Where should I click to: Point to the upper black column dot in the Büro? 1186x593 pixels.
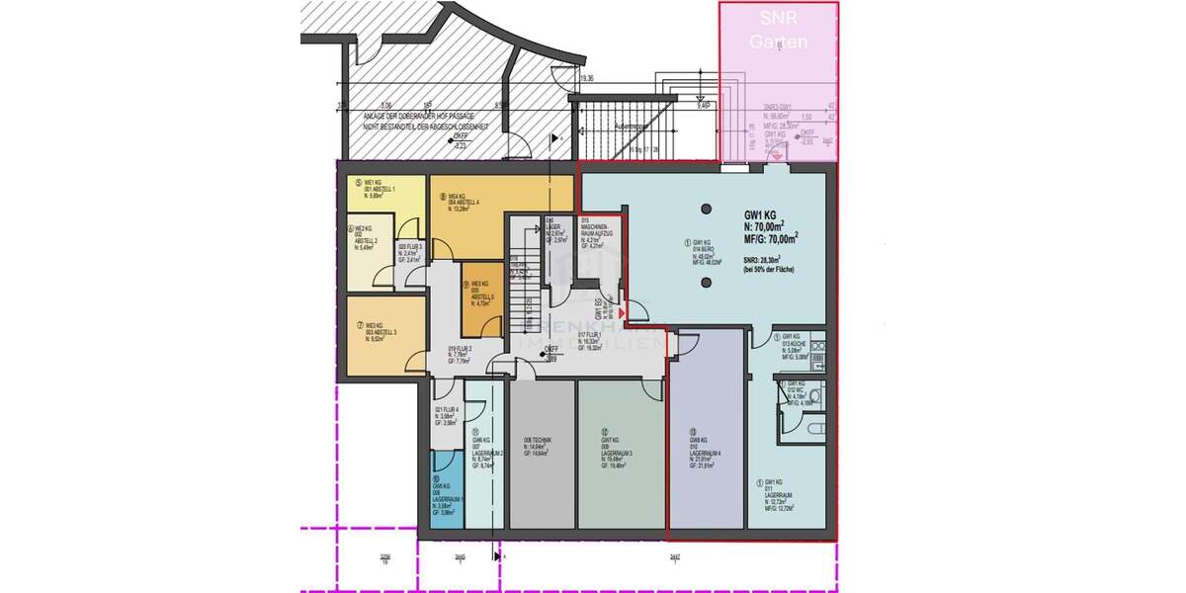click(707, 209)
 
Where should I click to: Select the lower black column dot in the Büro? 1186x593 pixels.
click(707, 283)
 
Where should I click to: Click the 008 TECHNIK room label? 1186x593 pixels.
click(538, 444)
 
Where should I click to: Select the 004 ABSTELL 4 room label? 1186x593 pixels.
click(464, 203)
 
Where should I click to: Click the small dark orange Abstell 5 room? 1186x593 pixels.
click(484, 296)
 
